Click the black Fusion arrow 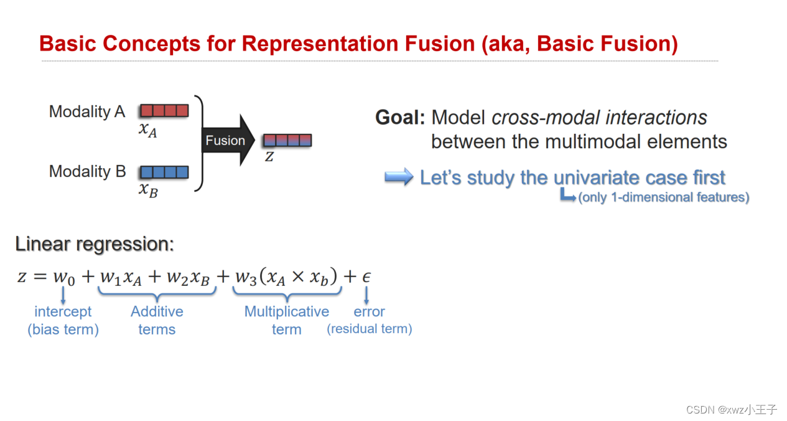pyautogui.click(x=228, y=141)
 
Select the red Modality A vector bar pyautogui.click(x=164, y=111)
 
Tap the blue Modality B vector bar pyautogui.click(x=164, y=172)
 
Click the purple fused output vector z pyautogui.click(x=287, y=141)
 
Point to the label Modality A pyautogui.click(x=87, y=112)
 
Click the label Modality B pyautogui.click(x=87, y=172)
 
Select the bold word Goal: pyautogui.click(x=400, y=118)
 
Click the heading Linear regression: pyautogui.click(x=95, y=245)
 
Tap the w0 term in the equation pyautogui.click(x=63, y=277)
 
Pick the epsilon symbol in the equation pyautogui.click(x=366, y=277)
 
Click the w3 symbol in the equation pyautogui.click(x=245, y=277)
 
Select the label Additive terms pyautogui.click(x=157, y=320)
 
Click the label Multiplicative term pyautogui.click(x=286, y=320)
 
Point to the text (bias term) pyautogui.click(x=63, y=329)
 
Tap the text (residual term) pyautogui.click(x=370, y=329)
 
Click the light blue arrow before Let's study pyautogui.click(x=399, y=177)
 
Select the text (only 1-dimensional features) pyautogui.click(x=663, y=198)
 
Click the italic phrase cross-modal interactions pyautogui.click(x=599, y=118)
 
